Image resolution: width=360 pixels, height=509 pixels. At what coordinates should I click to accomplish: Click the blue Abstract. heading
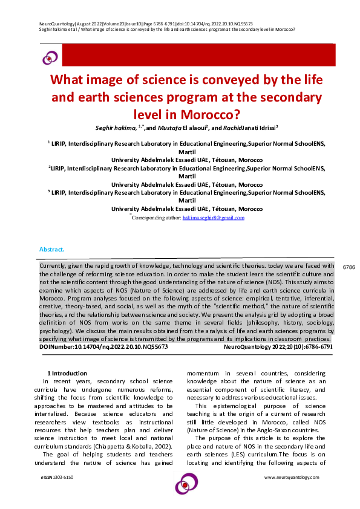(x=52, y=249)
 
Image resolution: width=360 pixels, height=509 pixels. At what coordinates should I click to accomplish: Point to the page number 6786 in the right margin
(x=349, y=267)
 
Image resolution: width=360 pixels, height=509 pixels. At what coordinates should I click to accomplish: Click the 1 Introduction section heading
(x=67, y=374)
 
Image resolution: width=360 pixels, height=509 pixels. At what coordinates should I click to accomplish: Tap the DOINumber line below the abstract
(x=103, y=348)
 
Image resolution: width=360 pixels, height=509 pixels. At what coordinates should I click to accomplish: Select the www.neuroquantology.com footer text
(x=292, y=478)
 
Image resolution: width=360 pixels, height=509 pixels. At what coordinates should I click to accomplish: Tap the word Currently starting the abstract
(x=54, y=266)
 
